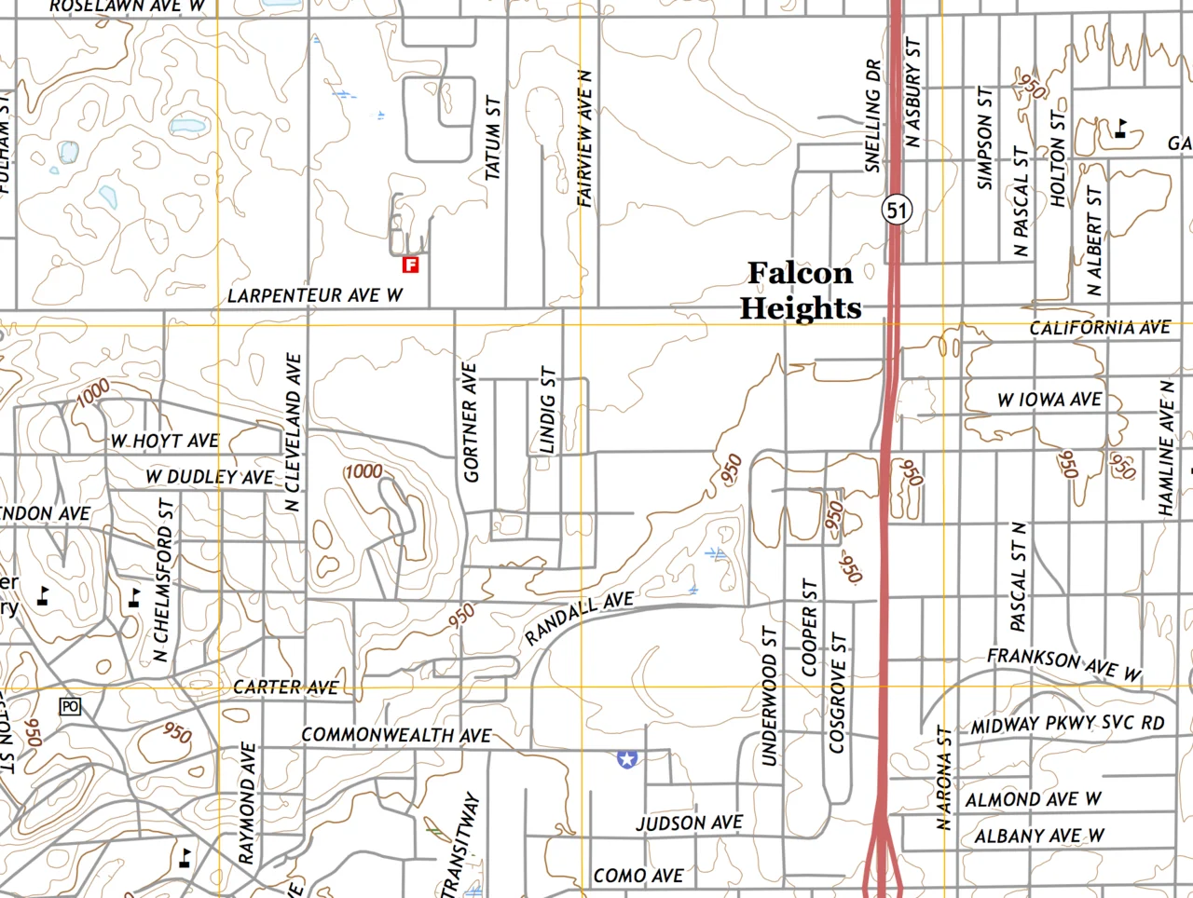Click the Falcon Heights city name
click(x=801, y=291)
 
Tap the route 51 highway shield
click(x=897, y=210)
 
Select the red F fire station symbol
click(x=410, y=265)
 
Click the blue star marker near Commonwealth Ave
click(x=627, y=759)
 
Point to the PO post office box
click(x=70, y=707)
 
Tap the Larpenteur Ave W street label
click(x=315, y=295)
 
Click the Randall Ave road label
click(x=579, y=619)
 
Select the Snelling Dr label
click(x=872, y=116)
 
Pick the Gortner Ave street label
click(x=470, y=423)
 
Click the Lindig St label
click(x=548, y=410)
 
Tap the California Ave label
click(x=1100, y=328)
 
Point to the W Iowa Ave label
click(x=1049, y=400)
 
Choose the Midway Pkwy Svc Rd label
click(x=1067, y=724)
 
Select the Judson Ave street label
click(x=690, y=823)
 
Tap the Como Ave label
click(x=638, y=877)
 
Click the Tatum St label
click(x=493, y=138)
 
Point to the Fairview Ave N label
click(x=585, y=139)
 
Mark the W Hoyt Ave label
click(x=165, y=441)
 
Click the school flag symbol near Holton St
click(x=1120, y=129)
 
